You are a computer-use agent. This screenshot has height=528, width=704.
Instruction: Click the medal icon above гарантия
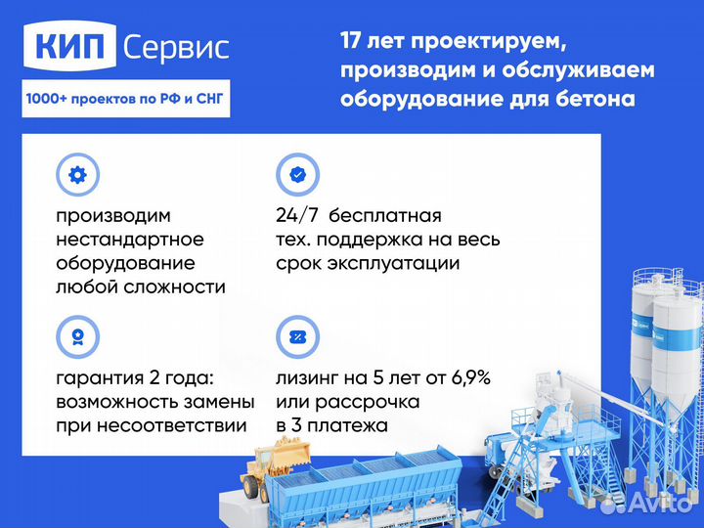click(77, 337)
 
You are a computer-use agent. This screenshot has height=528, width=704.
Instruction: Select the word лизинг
click(310, 377)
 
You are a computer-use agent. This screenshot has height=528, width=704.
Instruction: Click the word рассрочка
click(363, 402)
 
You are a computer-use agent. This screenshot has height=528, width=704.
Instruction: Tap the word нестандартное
click(129, 239)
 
